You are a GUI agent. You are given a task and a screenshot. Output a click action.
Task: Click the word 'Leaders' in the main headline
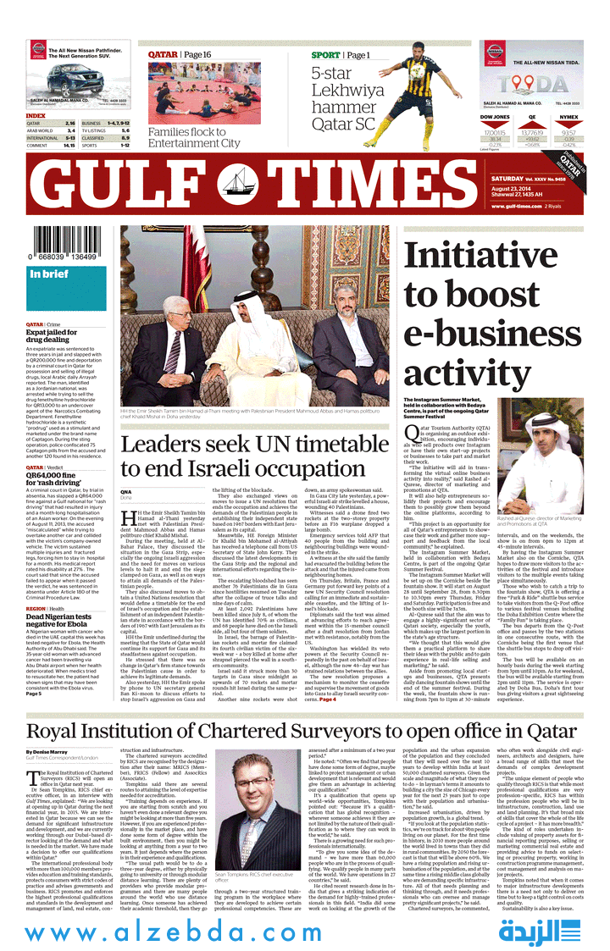point(170,445)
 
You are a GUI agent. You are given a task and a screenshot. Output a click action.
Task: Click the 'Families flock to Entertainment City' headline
point(194,137)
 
